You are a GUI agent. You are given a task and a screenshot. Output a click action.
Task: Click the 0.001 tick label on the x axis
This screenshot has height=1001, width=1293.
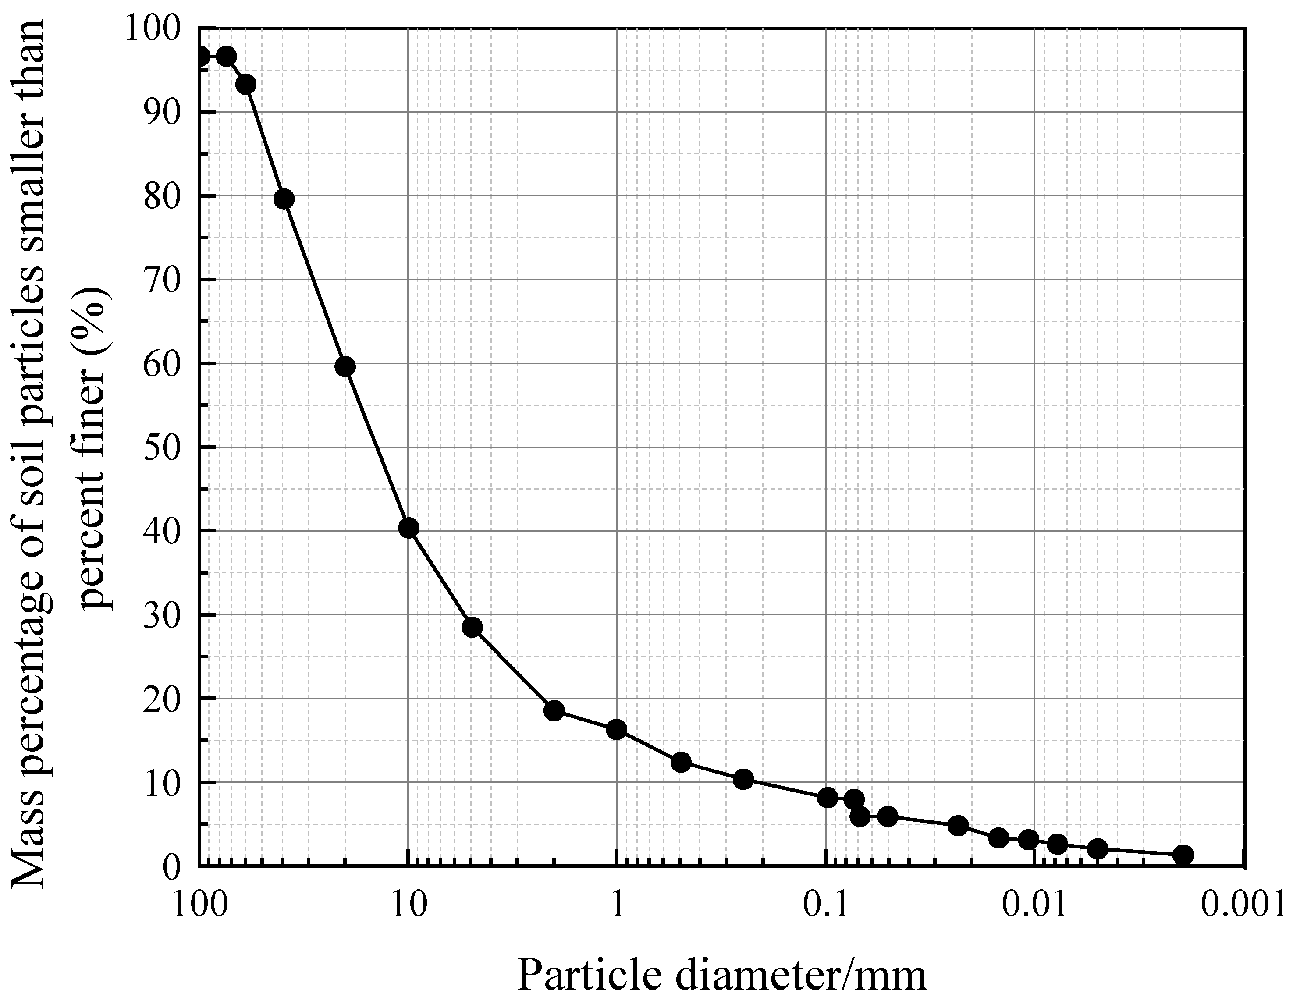pyautogui.click(x=1243, y=906)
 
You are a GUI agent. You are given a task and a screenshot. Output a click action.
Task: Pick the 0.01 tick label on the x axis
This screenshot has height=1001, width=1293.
pyautogui.click(x=1035, y=906)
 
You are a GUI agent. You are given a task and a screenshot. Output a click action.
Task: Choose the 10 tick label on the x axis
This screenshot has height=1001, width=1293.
pyautogui.click(x=409, y=906)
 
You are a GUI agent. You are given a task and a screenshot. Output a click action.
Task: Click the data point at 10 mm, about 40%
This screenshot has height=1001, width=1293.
pyautogui.click(x=409, y=528)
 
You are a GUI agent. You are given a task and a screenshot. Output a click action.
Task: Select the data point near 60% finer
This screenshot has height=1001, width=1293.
pyautogui.click(x=345, y=367)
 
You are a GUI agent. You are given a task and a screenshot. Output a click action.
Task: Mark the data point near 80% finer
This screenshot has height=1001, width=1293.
pyautogui.click(x=284, y=199)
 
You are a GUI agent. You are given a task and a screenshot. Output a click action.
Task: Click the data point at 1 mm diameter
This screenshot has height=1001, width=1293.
pyautogui.click(x=616, y=730)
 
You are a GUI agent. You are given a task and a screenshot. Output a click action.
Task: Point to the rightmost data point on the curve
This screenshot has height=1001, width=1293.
pyautogui.click(x=1182, y=855)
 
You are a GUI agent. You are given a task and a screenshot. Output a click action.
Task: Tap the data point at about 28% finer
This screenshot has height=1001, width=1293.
pyautogui.click(x=472, y=628)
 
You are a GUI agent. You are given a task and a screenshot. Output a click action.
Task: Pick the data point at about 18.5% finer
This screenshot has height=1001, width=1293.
pyautogui.click(x=554, y=710)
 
